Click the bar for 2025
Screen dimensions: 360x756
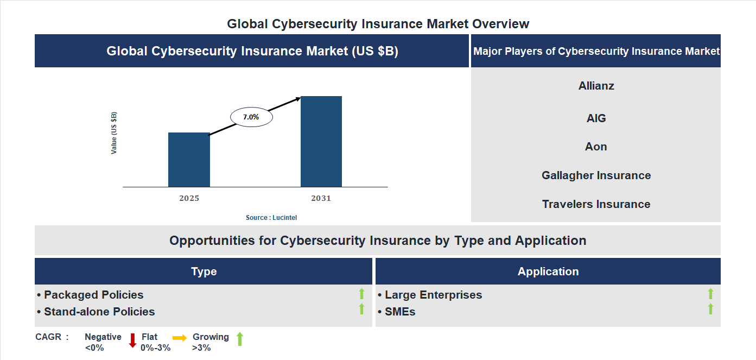click(189, 160)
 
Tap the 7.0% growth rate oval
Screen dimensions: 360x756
click(251, 117)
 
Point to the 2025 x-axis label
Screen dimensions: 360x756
click(189, 198)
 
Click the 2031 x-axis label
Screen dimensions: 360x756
click(321, 198)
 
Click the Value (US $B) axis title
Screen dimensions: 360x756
click(114, 133)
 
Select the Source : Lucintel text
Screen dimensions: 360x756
click(271, 217)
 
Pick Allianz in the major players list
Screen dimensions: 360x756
click(596, 86)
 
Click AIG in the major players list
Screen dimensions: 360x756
click(596, 118)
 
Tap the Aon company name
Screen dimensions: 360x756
click(596, 147)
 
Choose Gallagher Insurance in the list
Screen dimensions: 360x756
click(596, 175)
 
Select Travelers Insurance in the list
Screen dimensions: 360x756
click(596, 204)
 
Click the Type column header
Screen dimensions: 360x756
click(204, 271)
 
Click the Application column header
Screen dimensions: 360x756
click(548, 271)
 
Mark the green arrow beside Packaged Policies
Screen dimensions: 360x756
click(361, 294)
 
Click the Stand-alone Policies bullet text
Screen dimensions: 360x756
click(99, 312)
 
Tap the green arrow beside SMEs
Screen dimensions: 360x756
click(710, 310)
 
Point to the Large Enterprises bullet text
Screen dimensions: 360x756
click(433, 295)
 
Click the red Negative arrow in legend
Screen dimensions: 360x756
click(132, 340)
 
